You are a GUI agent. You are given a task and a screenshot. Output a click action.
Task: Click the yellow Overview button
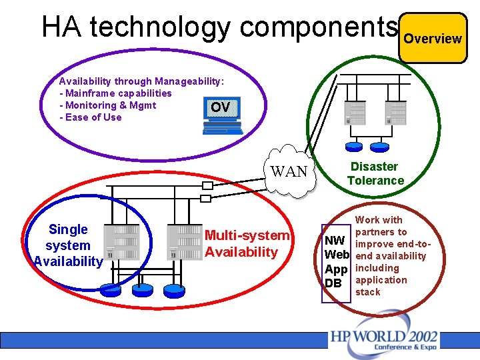click(433, 38)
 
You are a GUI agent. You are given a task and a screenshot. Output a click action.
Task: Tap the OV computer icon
click(221, 117)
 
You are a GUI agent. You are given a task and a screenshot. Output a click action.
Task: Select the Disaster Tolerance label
click(375, 173)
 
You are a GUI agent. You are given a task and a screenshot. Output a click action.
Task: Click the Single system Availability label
click(68, 245)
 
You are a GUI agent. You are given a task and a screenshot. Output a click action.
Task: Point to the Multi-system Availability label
click(247, 243)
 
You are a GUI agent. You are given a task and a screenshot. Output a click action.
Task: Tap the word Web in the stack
click(336, 255)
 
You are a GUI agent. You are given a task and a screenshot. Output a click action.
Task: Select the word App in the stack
click(336, 269)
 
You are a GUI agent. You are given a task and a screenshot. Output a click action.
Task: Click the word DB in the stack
click(333, 283)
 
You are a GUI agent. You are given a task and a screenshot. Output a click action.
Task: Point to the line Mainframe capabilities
click(115, 93)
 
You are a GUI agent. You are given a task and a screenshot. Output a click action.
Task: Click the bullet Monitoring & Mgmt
click(108, 105)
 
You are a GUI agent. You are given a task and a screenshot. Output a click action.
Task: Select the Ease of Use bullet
click(91, 117)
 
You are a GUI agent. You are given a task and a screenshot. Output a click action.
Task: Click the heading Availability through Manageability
click(141, 81)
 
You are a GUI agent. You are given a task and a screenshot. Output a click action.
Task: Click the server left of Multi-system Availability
click(184, 241)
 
